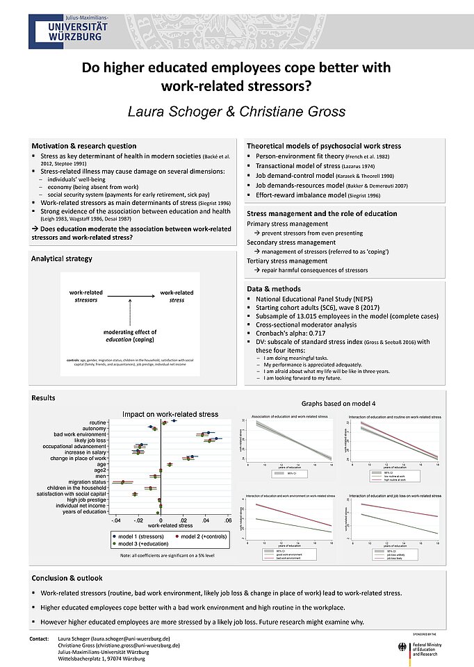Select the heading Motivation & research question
[x=83, y=146]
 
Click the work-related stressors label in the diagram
[x=86, y=296]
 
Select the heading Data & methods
[x=274, y=288]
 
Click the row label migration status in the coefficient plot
[x=89, y=481]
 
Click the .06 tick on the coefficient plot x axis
[x=227, y=520]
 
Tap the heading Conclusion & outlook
[x=67, y=578]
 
